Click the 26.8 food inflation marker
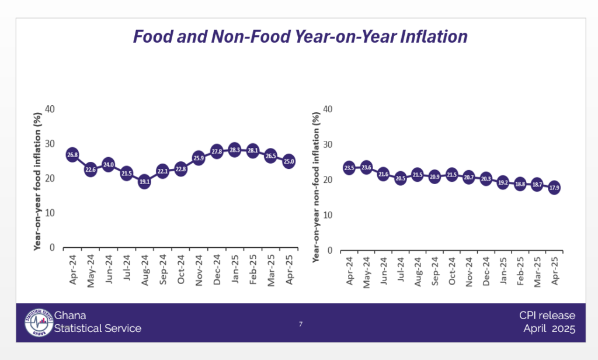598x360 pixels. tap(72, 155)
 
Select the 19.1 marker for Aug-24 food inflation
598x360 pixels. tap(144, 182)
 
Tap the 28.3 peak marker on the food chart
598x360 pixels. tap(234, 150)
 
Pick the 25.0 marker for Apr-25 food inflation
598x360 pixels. tap(288, 161)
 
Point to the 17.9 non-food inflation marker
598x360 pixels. tap(554, 188)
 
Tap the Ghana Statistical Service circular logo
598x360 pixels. tap(39, 323)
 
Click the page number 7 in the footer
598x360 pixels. tap(301, 324)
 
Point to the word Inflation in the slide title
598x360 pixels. tap(430, 37)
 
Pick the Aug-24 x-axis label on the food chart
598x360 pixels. tap(144, 270)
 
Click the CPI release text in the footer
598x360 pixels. tap(547, 316)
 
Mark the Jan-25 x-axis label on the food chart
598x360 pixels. tap(234, 270)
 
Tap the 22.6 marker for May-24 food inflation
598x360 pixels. tap(91, 170)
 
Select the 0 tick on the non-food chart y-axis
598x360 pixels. tap(331, 250)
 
